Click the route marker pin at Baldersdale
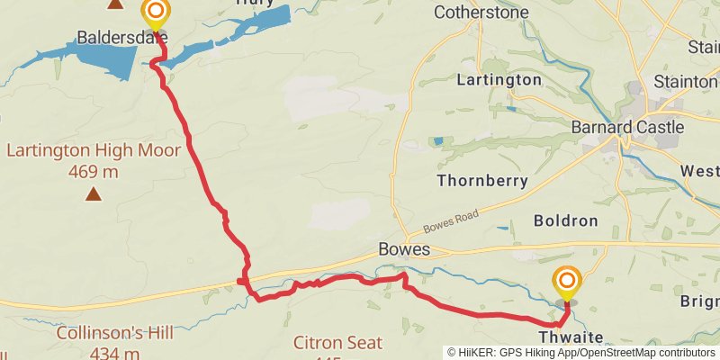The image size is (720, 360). [156, 13]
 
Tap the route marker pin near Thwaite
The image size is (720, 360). [567, 283]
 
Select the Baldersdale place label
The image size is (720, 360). [121, 38]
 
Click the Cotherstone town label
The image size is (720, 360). [481, 13]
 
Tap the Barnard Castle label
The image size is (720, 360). [627, 128]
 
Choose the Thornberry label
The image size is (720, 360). [481, 181]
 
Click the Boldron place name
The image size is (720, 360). [565, 220]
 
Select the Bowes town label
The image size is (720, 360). [404, 249]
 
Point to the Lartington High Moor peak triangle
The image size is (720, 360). [94, 193]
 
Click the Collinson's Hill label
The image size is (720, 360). [114, 333]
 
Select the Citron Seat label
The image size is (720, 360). [337, 343]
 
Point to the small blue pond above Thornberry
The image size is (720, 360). [437, 141]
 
